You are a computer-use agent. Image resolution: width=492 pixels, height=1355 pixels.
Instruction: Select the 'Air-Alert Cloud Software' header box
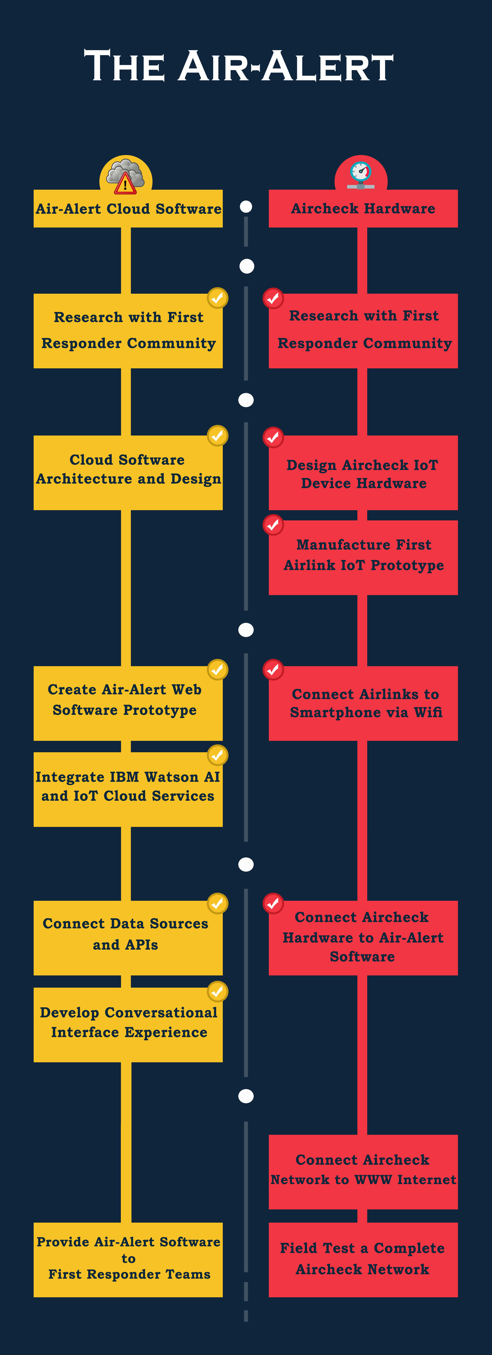tap(128, 209)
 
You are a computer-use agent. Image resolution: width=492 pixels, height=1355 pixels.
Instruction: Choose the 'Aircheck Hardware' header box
tap(363, 209)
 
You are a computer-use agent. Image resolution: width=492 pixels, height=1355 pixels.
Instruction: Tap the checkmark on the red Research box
tap(273, 298)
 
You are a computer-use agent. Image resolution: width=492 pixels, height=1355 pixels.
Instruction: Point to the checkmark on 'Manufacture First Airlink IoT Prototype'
tap(273, 524)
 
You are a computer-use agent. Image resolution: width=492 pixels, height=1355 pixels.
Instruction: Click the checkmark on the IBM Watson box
tap(217, 755)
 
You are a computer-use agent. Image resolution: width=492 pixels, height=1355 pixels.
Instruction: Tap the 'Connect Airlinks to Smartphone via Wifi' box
tap(363, 703)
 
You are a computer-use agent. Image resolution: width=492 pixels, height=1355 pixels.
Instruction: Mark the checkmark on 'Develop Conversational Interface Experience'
tap(217, 991)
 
